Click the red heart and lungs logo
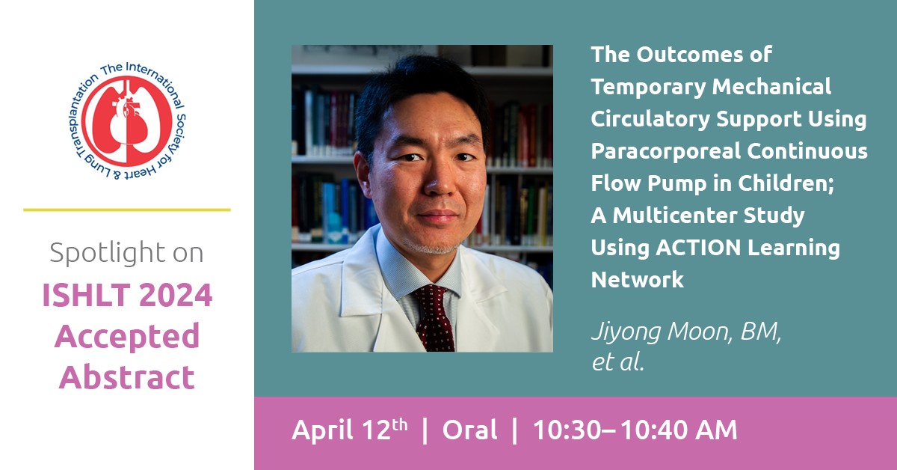click(127, 121)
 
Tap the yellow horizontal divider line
click(127, 210)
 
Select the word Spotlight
click(108, 254)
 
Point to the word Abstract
click(127, 377)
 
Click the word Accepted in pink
click(127, 338)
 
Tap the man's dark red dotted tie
click(434, 318)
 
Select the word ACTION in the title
click(698, 248)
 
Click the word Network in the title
click(638, 279)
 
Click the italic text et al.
click(617, 361)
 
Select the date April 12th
click(350, 430)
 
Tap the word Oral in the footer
click(469, 430)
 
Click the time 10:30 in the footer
click(567, 430)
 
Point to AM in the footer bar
click(716, 430)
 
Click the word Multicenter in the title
click(675, 216)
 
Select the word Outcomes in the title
click(690, 55)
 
